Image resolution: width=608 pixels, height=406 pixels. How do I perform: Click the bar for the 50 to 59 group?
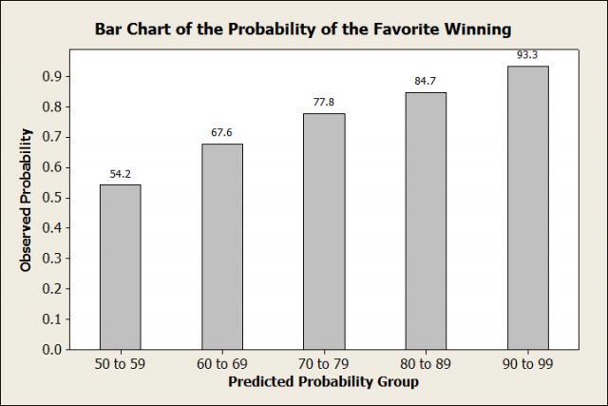pyautogui.click(x=121, y=267)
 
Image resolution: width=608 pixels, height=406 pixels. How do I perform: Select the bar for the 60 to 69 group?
pyautogui.click(x=222, y=247)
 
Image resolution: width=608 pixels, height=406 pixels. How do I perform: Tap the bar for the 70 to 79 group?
pyautogui.click(x=324, y=231)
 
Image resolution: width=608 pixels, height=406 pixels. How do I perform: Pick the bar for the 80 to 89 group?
pyautogui.click(x=426, y=221)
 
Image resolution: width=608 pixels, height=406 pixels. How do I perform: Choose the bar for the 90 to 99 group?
pyautogui.click(x=528, y=207)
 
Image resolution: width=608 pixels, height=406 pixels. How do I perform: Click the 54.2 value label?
pyautogui.click(x=121, y=174)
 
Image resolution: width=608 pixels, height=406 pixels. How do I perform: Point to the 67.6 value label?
pyautogui.click(x=221, y=133)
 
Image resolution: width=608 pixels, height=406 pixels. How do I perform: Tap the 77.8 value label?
pyautogui.click(x=324, y=102)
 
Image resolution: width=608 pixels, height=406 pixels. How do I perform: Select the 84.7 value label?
pyautogui.click(x=426, y=81)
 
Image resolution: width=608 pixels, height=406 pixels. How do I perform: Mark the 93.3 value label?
pyautogui.click(x=527, y=55)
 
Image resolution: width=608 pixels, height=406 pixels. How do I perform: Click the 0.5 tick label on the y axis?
pyautogui.click(x=52, y=198)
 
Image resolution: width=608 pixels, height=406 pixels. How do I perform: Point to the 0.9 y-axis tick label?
pyautogui.click(x=52, y=76)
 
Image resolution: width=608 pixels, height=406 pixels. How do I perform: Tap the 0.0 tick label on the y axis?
pyautogui.click(x=52, y=349)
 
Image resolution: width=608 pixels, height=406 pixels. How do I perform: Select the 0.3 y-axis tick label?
pyautogui.click(x=52, y=259)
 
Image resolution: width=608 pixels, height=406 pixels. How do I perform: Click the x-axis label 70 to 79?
pyautogui.click(x=323, y=364)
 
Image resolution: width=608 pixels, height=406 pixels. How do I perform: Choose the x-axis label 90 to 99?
pyautogui.click(x=527, y=364)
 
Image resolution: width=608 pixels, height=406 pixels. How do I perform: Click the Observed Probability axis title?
pyautogui.click(x=26, y=201)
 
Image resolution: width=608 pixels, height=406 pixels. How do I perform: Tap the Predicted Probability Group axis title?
pyautogui.click(x=323, y=382)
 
